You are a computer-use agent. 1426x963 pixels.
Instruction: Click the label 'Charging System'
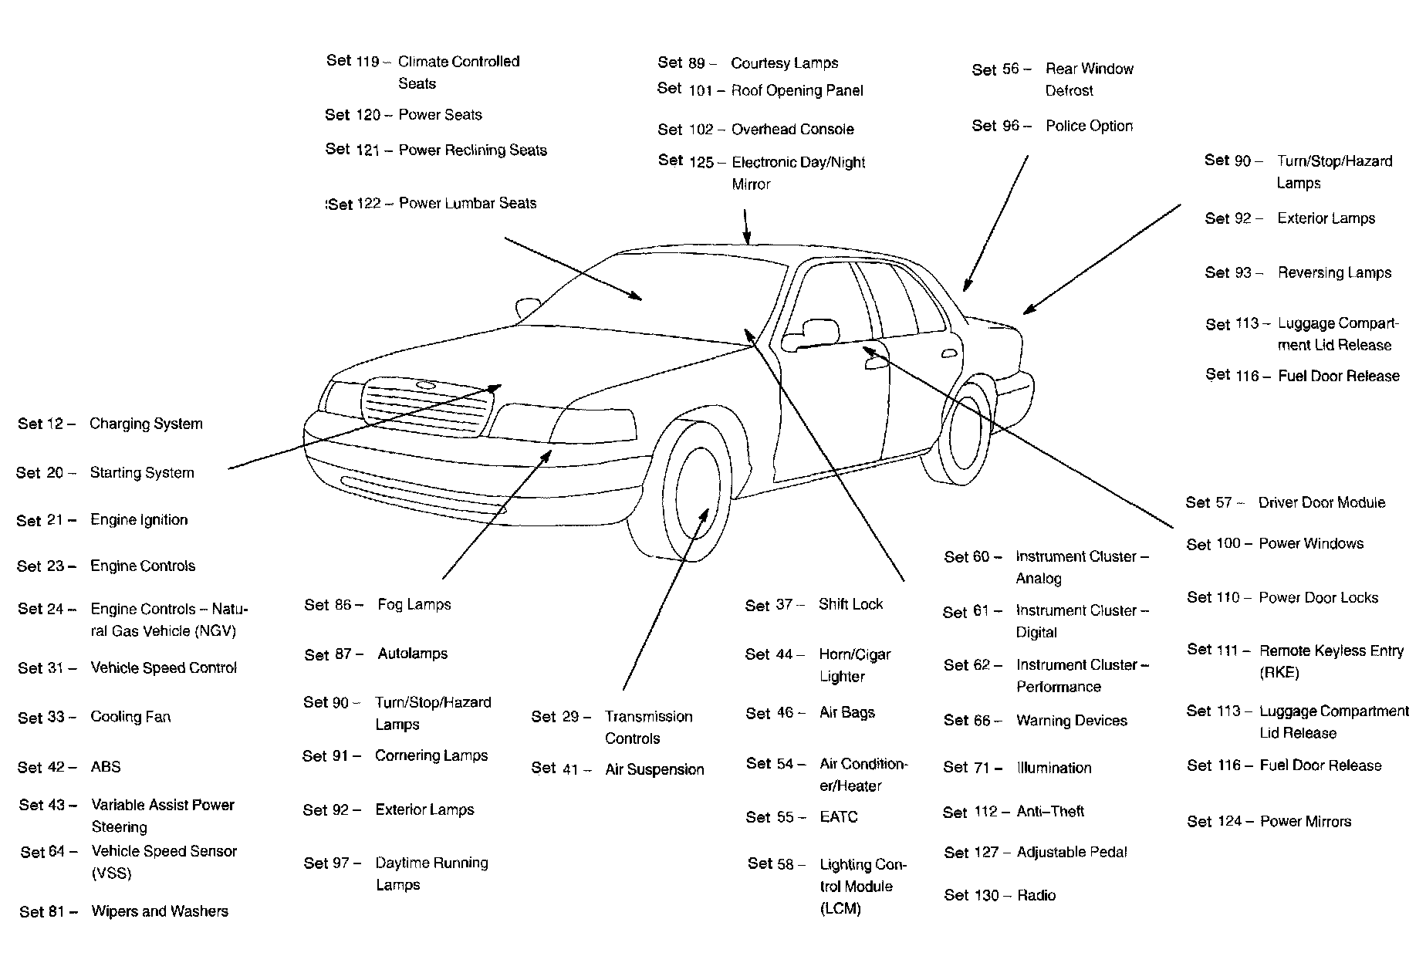pos(146,424)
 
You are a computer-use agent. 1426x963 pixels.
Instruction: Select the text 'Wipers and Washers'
pos(160,911)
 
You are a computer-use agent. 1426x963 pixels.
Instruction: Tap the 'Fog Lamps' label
pos(414,604)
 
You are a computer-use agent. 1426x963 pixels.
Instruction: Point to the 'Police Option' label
pos(1089,126)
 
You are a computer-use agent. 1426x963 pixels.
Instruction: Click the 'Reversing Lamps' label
pos(1334,272)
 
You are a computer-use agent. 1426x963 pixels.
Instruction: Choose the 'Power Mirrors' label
pos(1306,822)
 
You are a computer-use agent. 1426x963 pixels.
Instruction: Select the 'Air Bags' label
pos(847,712)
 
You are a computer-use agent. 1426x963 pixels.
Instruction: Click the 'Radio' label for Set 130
pos(1036,895)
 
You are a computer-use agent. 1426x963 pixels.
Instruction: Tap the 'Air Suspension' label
pos(654,769)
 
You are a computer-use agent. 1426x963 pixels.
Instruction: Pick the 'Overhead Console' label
pos(792,129)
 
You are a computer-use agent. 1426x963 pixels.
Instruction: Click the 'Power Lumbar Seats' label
pos(468,203)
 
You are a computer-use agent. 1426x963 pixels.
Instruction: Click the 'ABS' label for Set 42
pos(106,767)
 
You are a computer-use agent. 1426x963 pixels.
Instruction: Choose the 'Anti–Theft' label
pos(1050,812)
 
